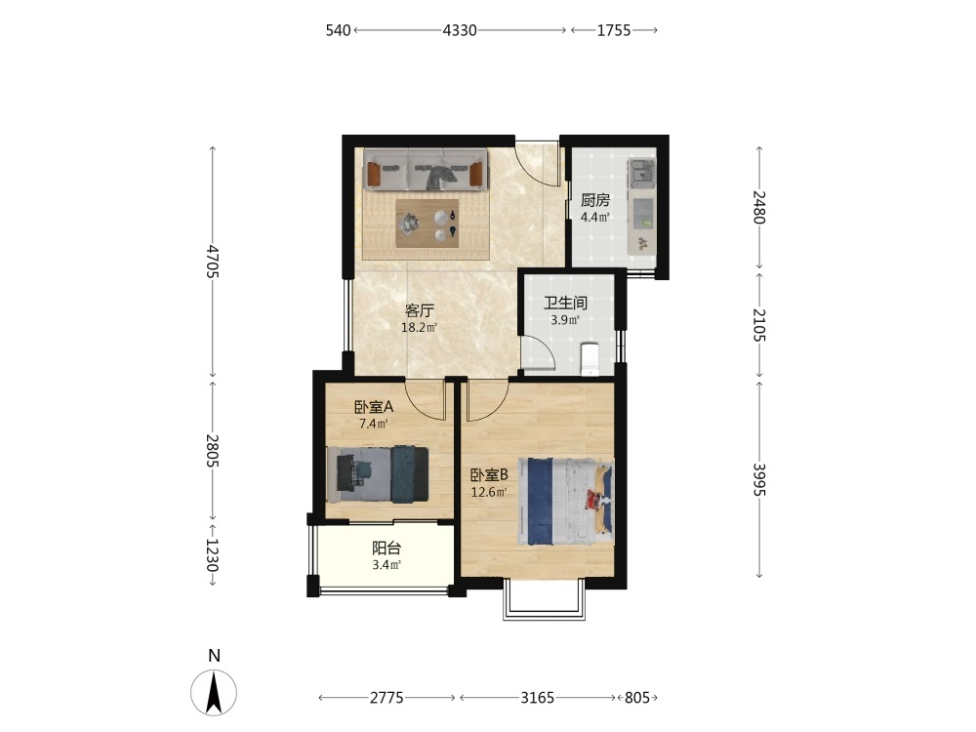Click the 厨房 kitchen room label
point(595,200)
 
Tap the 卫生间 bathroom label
point(565,304)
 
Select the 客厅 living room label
point(419,310)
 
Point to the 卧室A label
point(374,407)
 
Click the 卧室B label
point(489,475)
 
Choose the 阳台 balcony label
point(386,549)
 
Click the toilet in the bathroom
point(589,359)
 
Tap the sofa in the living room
point(425,169)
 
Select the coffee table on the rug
point(427,224)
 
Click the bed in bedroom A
point(377,474)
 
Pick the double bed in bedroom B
point(566,502)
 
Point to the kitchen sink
point(641,172)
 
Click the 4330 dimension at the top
point(460,30)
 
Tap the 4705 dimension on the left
point(213,262)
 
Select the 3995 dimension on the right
point(759,479)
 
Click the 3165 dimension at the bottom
point(537,698)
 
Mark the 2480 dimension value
point(759,207)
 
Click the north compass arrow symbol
point(214,693)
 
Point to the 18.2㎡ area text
point(419,327)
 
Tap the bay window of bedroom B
point(544,600)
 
